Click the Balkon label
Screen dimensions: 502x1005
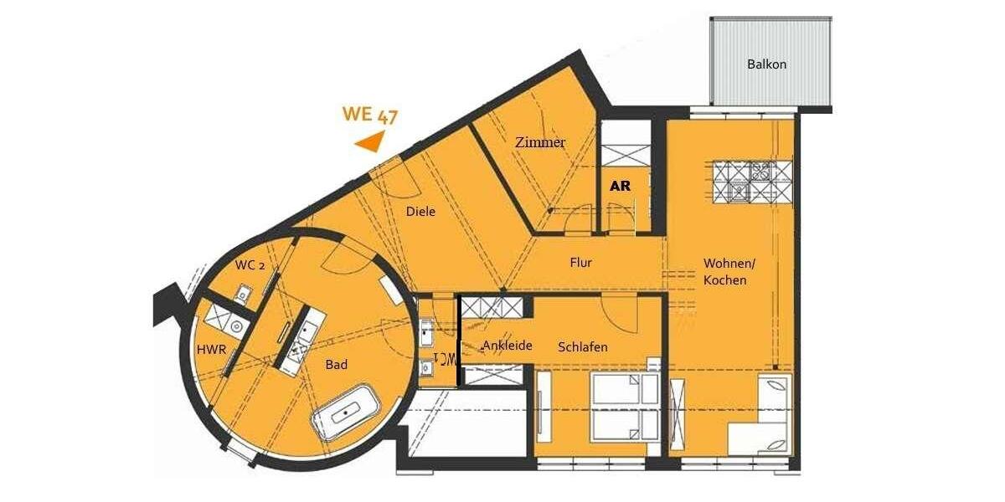(766, 64)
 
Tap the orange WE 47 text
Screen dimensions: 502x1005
(369, 115)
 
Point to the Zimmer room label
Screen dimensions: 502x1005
(540, 142)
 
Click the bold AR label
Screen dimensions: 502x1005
(620, 186)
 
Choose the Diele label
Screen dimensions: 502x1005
(420, 212)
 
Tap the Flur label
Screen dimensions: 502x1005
(580, 263)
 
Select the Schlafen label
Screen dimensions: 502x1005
(583, 346)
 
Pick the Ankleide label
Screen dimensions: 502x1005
(508, 346)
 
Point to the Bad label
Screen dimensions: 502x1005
(337, 365)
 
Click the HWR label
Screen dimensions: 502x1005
(211, 349)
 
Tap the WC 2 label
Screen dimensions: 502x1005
(250, 265)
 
